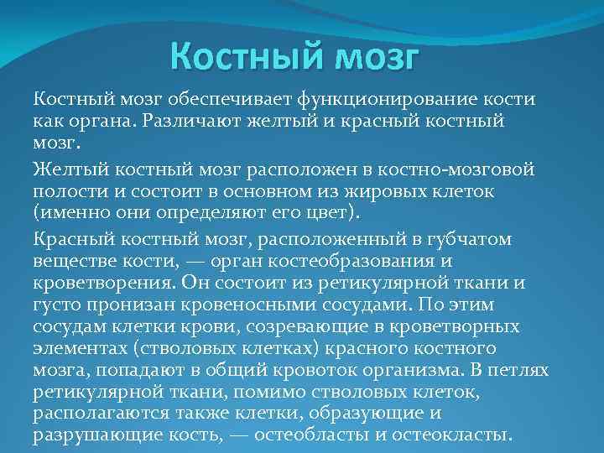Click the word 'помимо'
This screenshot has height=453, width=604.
(264, 390)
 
